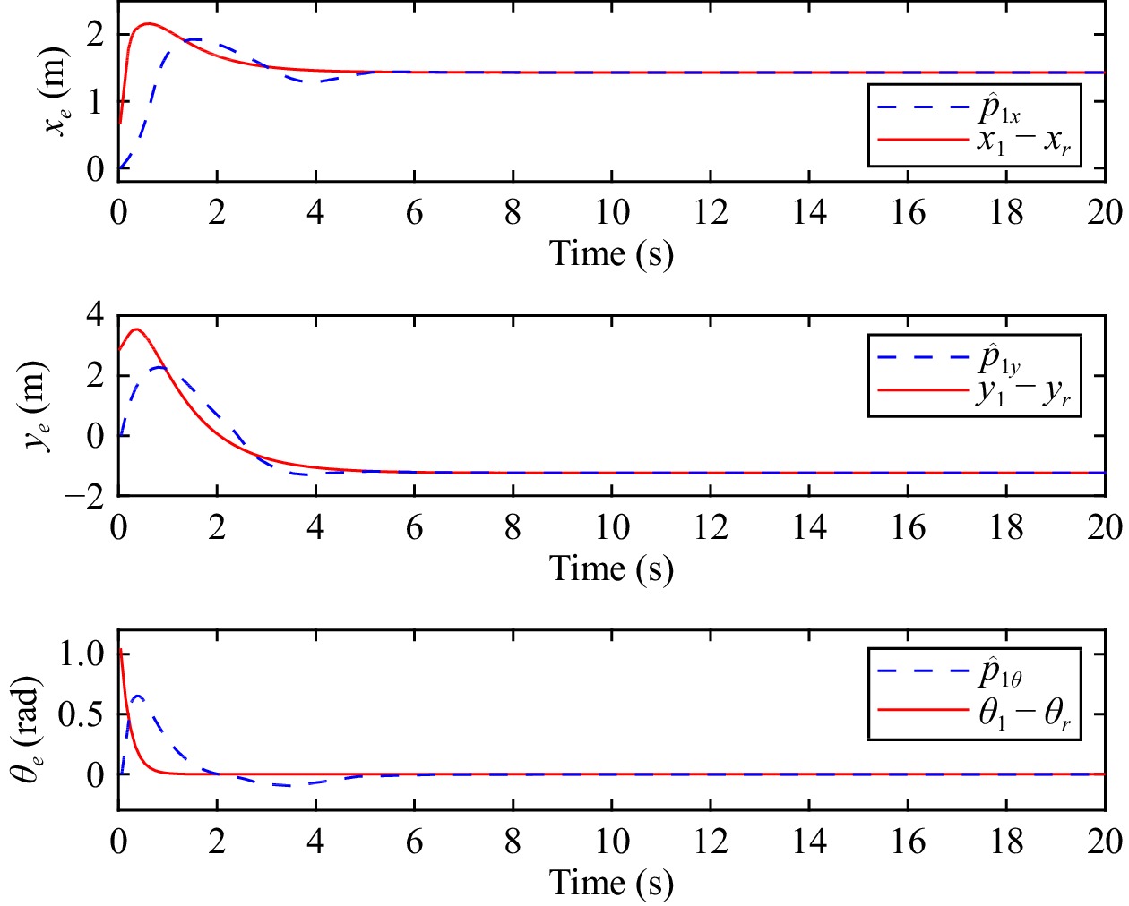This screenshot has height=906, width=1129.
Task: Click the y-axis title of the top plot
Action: [56, 91]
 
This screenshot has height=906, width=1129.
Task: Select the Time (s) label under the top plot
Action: [611, 253]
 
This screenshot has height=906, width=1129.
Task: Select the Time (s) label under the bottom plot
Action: [611, 883]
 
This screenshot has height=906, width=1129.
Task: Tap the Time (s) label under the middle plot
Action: [611, 568]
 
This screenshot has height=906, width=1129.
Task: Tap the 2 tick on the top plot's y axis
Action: [95, 36]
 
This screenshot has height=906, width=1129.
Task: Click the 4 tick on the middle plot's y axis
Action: [95, 314]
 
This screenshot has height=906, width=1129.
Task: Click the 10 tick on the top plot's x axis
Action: [612, 212]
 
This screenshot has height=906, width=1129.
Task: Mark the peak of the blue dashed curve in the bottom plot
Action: [137, 696]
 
